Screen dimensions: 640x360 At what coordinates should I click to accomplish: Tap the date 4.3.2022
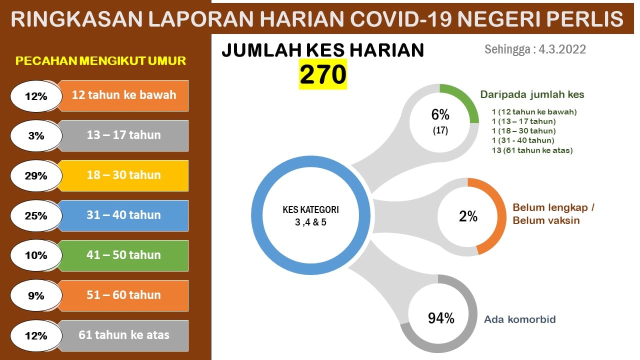point(562,49)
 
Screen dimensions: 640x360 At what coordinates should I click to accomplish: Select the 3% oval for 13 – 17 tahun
point(36,135)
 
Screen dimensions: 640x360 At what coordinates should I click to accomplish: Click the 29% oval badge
point(36,175)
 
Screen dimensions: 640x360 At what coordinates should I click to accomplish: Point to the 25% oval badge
point(36,215)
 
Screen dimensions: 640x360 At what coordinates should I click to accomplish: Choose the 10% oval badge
point(36,255)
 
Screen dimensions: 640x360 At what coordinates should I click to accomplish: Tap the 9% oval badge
point(36,295)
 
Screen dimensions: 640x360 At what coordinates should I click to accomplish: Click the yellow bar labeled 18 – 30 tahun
point(123,175)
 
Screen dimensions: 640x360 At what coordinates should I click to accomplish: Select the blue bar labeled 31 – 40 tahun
point(123,215)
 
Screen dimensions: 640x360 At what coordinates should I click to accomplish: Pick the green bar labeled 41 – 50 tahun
point(123,255)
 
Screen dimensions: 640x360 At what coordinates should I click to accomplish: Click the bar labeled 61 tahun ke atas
point(123,335)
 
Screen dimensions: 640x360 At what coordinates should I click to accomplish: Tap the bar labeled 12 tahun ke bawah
point(123,95)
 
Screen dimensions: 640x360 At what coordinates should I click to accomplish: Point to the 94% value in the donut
point(441,318)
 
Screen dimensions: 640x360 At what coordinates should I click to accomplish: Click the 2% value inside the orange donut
point(468,216)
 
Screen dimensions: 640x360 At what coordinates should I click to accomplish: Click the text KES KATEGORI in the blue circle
point(310,209)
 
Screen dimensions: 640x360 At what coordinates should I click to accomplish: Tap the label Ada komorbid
point(520,319)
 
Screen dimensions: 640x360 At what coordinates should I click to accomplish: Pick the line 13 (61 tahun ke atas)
point(532,150)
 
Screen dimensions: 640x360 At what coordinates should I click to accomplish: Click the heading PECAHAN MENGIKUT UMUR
point(100,61)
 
